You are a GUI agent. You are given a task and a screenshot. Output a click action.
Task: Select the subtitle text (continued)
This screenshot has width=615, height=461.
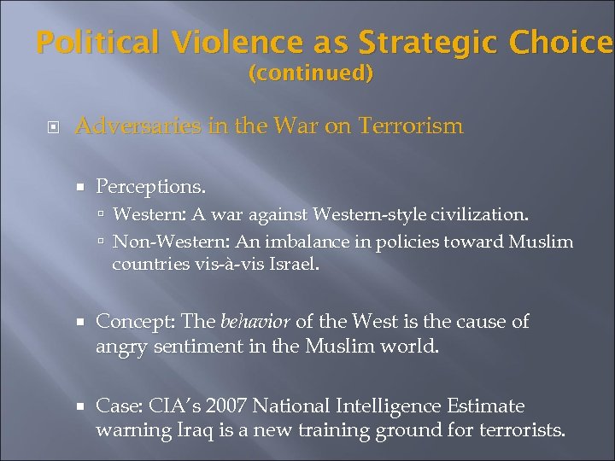coord(311,74)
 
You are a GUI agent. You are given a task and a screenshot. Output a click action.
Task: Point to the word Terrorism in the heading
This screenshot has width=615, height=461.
coord(410,127)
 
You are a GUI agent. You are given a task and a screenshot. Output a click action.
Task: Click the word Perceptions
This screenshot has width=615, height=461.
coord(150,185)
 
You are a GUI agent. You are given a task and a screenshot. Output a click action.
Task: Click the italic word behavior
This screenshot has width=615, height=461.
coord(255,322)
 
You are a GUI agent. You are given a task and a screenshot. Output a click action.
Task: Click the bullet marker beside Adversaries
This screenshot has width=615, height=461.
coord(54,128)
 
